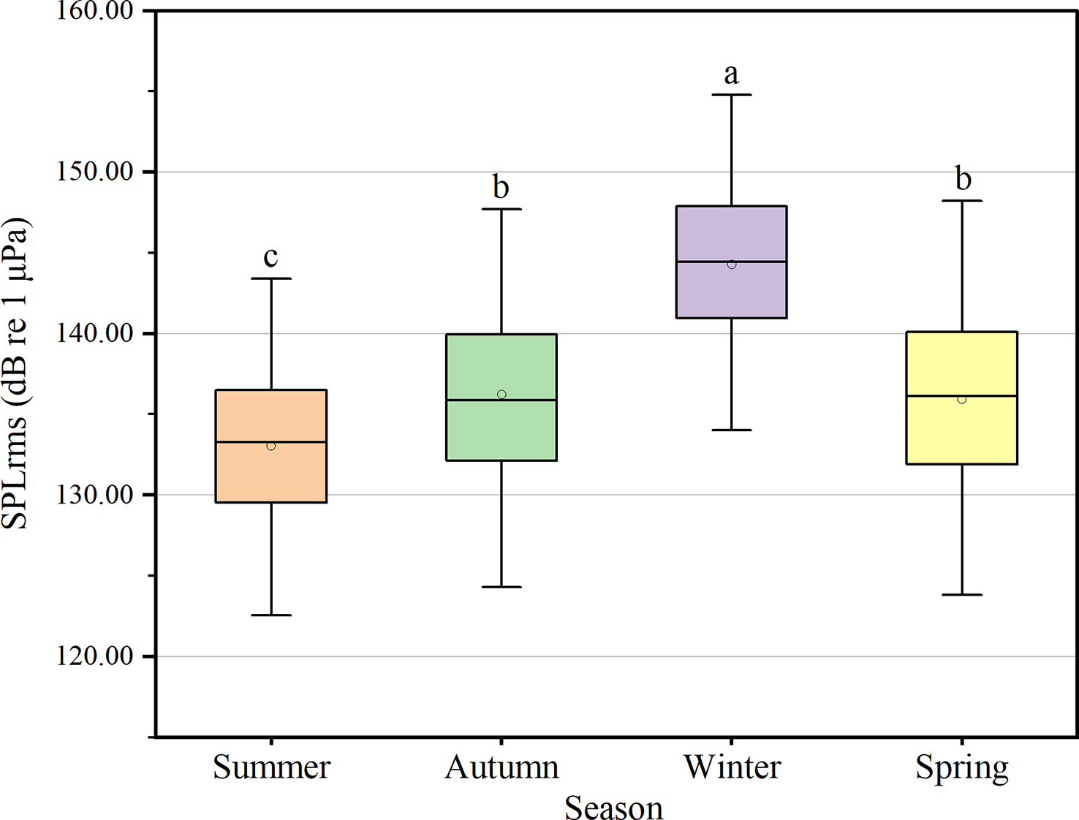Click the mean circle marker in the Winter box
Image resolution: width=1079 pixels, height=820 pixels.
(732, 265)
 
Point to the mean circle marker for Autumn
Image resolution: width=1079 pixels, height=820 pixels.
(501, 395)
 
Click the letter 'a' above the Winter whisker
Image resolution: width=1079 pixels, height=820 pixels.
(731, 74)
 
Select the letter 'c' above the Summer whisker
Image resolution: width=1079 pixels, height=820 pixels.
(270, 257)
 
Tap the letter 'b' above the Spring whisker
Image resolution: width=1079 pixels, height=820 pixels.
(963, 178)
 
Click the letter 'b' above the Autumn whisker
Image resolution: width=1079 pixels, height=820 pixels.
(501, 187)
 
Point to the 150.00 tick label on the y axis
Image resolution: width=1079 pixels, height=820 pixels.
(95, 172)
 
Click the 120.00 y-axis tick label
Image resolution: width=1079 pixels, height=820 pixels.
(95, 656)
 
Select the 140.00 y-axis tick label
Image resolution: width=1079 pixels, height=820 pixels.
(95, 334)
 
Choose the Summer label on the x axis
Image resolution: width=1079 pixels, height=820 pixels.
(271, 767)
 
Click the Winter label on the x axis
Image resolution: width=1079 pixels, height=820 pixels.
(732, 767)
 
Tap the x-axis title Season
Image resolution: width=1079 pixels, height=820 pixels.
(613, 808)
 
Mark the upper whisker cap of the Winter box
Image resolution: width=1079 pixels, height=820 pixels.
(732, 95)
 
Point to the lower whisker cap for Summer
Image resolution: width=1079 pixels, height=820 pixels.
(271, 615)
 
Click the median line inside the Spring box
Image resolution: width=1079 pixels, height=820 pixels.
(961, 395)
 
